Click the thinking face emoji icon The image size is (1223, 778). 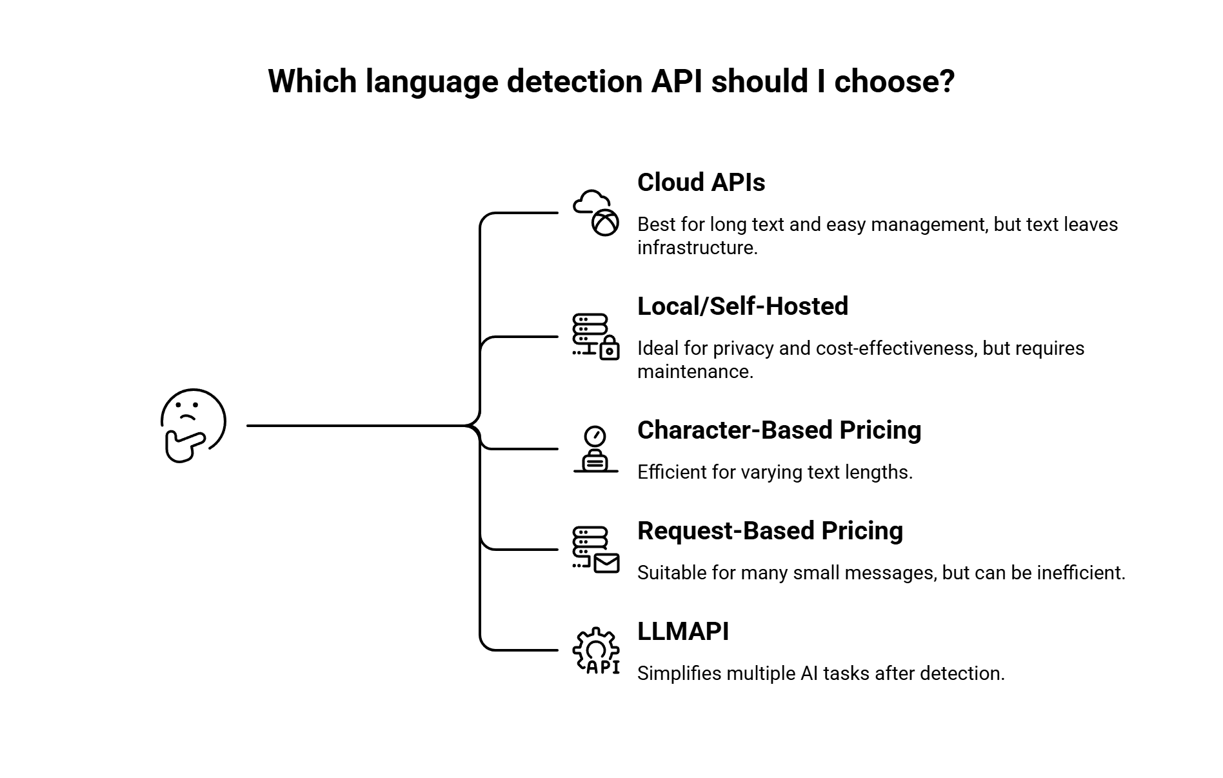[x=193, y=426]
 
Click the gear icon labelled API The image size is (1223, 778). [x=596, y=651]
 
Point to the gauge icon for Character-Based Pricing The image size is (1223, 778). [x=596, y=449]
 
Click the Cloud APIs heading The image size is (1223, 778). [x=701, y=183]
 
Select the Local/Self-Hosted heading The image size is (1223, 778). [x=742, y=306]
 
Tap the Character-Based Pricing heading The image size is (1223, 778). [x=779, y=430]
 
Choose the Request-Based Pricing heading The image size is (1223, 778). [x=770, y=531]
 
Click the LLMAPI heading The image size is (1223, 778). [x=683, y=632]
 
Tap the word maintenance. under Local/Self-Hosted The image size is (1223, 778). [x=695, y=372]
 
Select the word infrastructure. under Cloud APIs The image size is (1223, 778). [x=697, y=248]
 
